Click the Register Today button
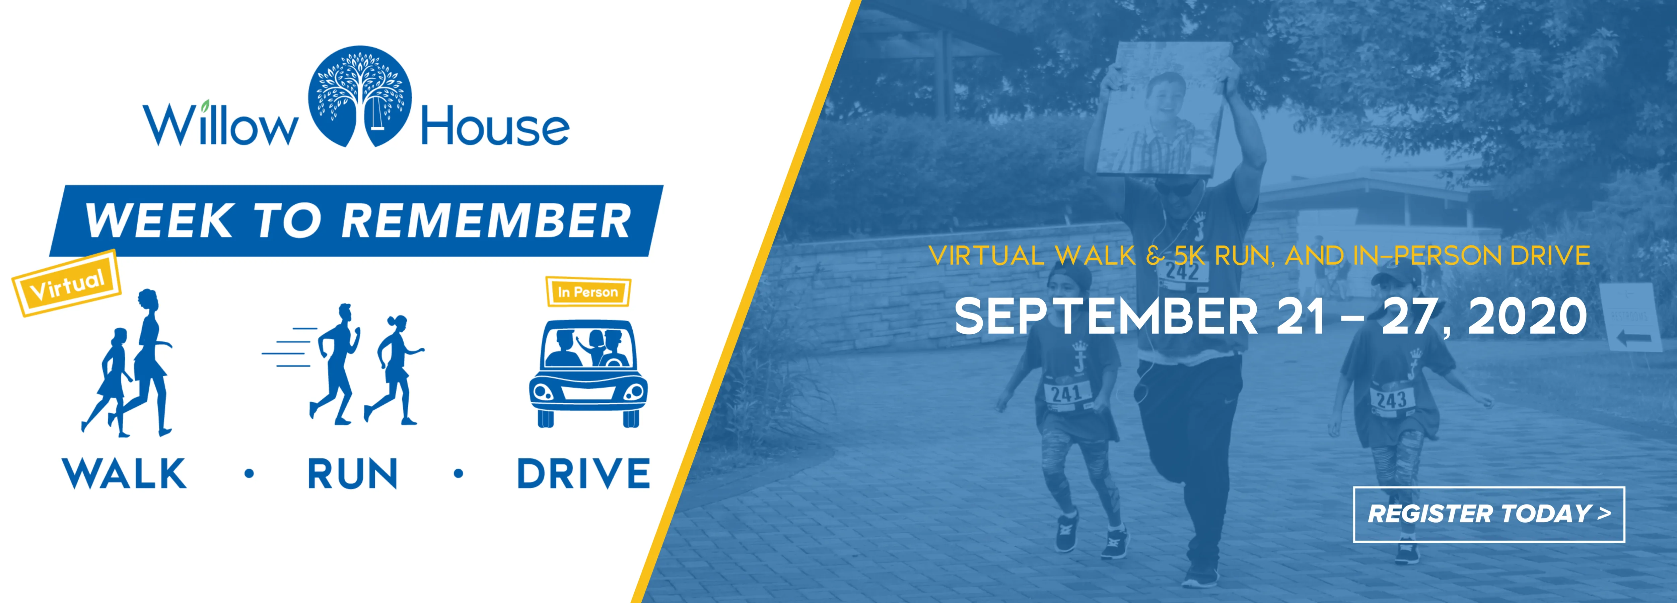[x=1489, y=514]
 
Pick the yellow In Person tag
[x=588, y=292]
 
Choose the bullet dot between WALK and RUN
[x=249, y=473]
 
